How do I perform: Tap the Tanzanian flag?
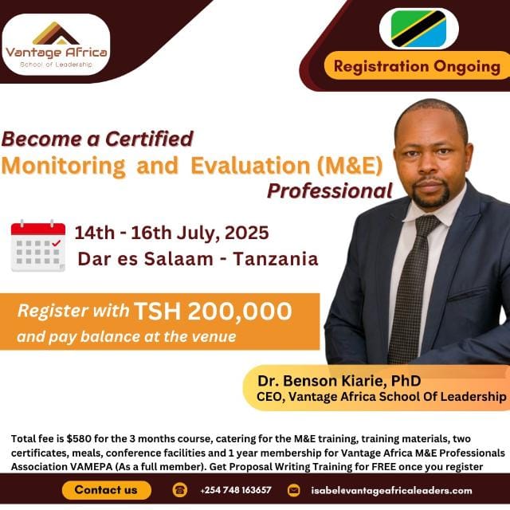click(x=418, y=29)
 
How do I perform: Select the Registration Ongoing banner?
click(x=416, y=66)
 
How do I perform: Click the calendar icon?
click(x=37, y=246)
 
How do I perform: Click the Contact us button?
click(x=106, y=490)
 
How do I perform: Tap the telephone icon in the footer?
click(x=179, y=490)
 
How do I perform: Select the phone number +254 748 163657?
click(x=236, y=490)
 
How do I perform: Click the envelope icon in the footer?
click(x=293, y=490)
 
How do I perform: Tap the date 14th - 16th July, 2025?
click(x=171, y=233)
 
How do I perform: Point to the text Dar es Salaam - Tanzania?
click(x=198, y=259)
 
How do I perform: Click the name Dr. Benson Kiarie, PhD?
click(x=339, y=380)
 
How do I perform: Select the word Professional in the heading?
click(x=329, y=191)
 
